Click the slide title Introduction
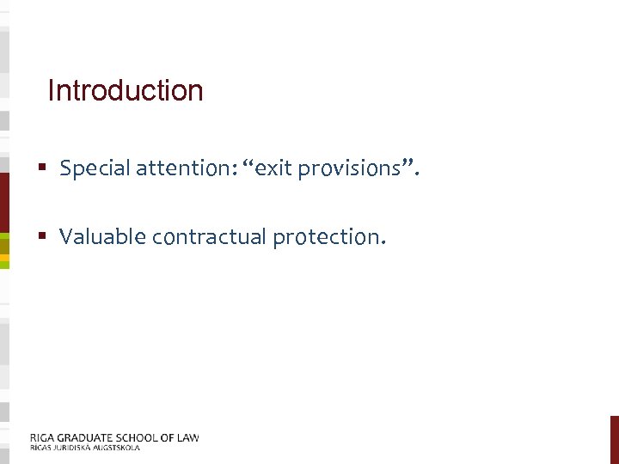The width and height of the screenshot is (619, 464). pyautogui.click(x=126, y=90)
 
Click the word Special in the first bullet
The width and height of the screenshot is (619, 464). pyautogui.click(x=90, y=168)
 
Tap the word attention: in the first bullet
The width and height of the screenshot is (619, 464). pyautogui.click(x=182, y=168)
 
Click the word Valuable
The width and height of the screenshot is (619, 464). pyautogui.click(x=102, y=236)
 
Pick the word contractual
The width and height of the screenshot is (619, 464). pyautogui.click(x=209, y=236)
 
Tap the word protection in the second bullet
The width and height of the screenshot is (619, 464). pyautogui.click(x=326, y=236)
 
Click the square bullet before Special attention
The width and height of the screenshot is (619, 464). pyautogui.click(x=41, y=168)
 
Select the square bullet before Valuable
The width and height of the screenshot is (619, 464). pyautogui.click(x=41, y=236)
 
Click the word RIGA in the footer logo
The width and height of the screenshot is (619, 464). pyautogui.click(x=41, y=437)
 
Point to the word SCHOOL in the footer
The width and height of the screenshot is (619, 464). pyautogui.click(x=138, y=437)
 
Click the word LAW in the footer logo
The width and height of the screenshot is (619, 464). pyautogui.click(x=187, y=437)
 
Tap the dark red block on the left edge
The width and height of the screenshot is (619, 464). pyautogui.click(x=4, y=202)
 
